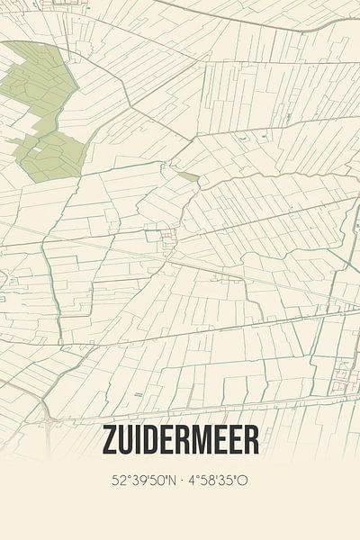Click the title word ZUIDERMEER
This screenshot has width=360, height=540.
click(x=180, y=440)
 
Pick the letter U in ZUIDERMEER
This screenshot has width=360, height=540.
click(x=127, y=440)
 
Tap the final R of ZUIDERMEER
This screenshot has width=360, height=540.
click(x=251, y=440)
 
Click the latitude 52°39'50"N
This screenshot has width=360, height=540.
click(x=142, y=481)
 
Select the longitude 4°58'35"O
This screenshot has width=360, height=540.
click(x=218, y=481)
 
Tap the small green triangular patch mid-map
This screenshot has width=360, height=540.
click(x=188, y=176)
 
